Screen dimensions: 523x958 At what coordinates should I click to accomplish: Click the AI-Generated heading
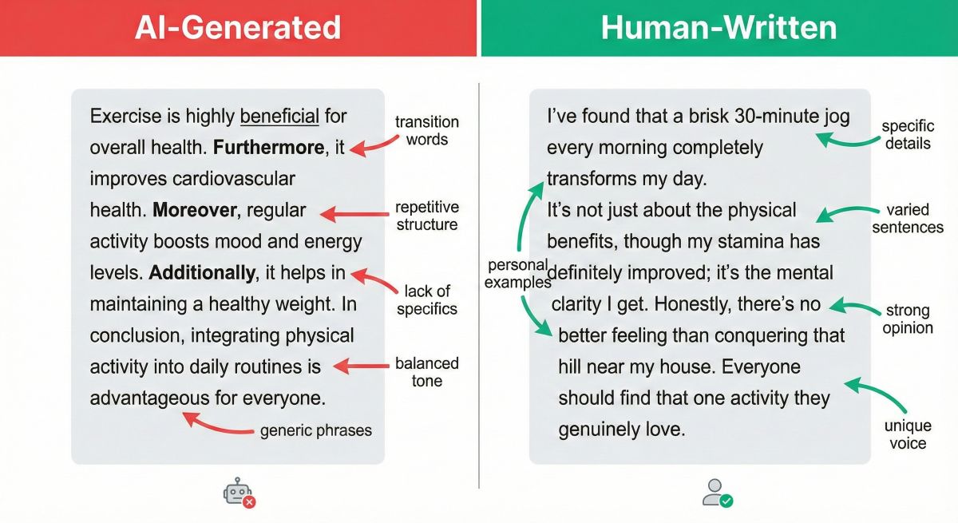click(x=237, y=28)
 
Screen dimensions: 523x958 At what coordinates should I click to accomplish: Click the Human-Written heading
click(x=718, y=28)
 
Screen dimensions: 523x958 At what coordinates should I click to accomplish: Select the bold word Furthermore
click(x=271, y=149)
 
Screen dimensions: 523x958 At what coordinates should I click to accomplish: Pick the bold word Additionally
click(x=201, y=273)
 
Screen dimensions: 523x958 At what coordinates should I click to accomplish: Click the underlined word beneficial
click(x=279, y=117)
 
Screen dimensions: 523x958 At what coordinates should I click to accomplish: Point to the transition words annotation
click(x=427, y=131)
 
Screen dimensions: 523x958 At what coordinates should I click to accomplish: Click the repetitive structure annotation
click(x=427, y=216)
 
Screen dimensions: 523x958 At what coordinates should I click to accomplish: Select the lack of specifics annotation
click(x=427, y=299)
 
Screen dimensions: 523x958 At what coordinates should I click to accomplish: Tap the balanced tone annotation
click(x=427, y=372)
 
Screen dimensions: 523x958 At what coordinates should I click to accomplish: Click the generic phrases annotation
click(x=316, y=431)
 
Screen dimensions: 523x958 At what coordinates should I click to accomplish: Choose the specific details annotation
click(x=907, y=135)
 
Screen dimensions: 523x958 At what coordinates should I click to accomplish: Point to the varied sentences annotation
click(x=908, y=219)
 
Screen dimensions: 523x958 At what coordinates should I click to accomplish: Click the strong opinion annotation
click(x=908, y=319)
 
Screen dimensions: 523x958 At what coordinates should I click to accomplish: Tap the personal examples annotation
click(x=518, y=274)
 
